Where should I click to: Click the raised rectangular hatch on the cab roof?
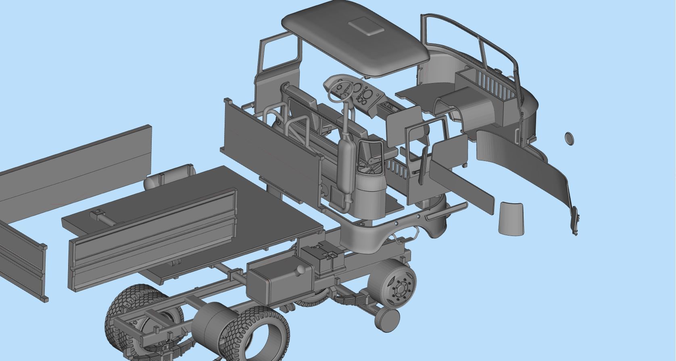pyautogui.click(x=366, y=27)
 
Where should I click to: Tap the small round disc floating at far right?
pyautogui.click(x=569, y=138)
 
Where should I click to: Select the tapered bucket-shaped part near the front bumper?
pyautogui.click(x=511, y=219)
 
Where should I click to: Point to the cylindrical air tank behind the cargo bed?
pyautogui.click(x=169, y=177)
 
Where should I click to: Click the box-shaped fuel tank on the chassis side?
pyautogui.click(x=278, y=280)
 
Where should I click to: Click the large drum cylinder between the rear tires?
pyautogui.click(x=210, y=323)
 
